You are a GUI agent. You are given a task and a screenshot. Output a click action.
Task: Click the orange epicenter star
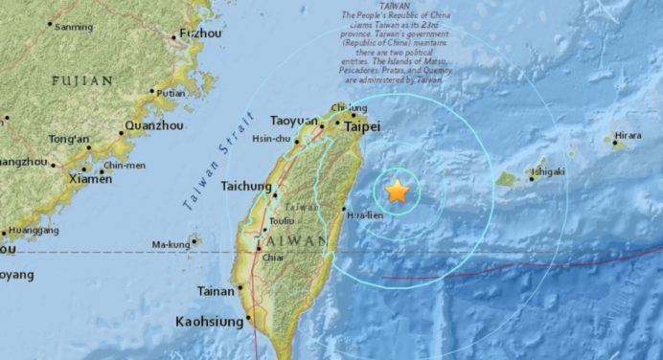pyautogui.click(x=397, y=192)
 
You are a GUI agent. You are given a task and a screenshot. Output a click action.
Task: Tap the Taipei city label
pyautogui.click(x=362, y=126)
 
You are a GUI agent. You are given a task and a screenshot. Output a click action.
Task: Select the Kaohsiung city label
pyautogui.click(x=209, y=323)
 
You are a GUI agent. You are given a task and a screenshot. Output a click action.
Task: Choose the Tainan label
pyautogui.click(x=217, y=291)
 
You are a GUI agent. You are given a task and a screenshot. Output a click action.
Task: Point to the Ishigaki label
pyautogui.click(x=548, y=171)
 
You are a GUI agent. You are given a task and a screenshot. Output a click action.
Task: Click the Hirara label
pyautogui.click(x=628, y=136)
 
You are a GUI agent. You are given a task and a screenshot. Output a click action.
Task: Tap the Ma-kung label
pyautogui.click(x=171, y=245)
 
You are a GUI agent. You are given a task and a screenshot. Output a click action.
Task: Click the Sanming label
pyautogui.click(x=73, y=27)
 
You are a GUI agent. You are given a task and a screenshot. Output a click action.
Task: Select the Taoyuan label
pyautogui.click(x=293, y=121)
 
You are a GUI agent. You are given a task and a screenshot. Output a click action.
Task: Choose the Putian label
pyautogui.click(x=170, y=94)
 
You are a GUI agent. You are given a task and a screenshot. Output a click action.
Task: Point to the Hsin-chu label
pyautogui.click(x=270, y=138)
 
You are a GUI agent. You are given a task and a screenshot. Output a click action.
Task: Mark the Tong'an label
pyautogui.click(x=71, y=140)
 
